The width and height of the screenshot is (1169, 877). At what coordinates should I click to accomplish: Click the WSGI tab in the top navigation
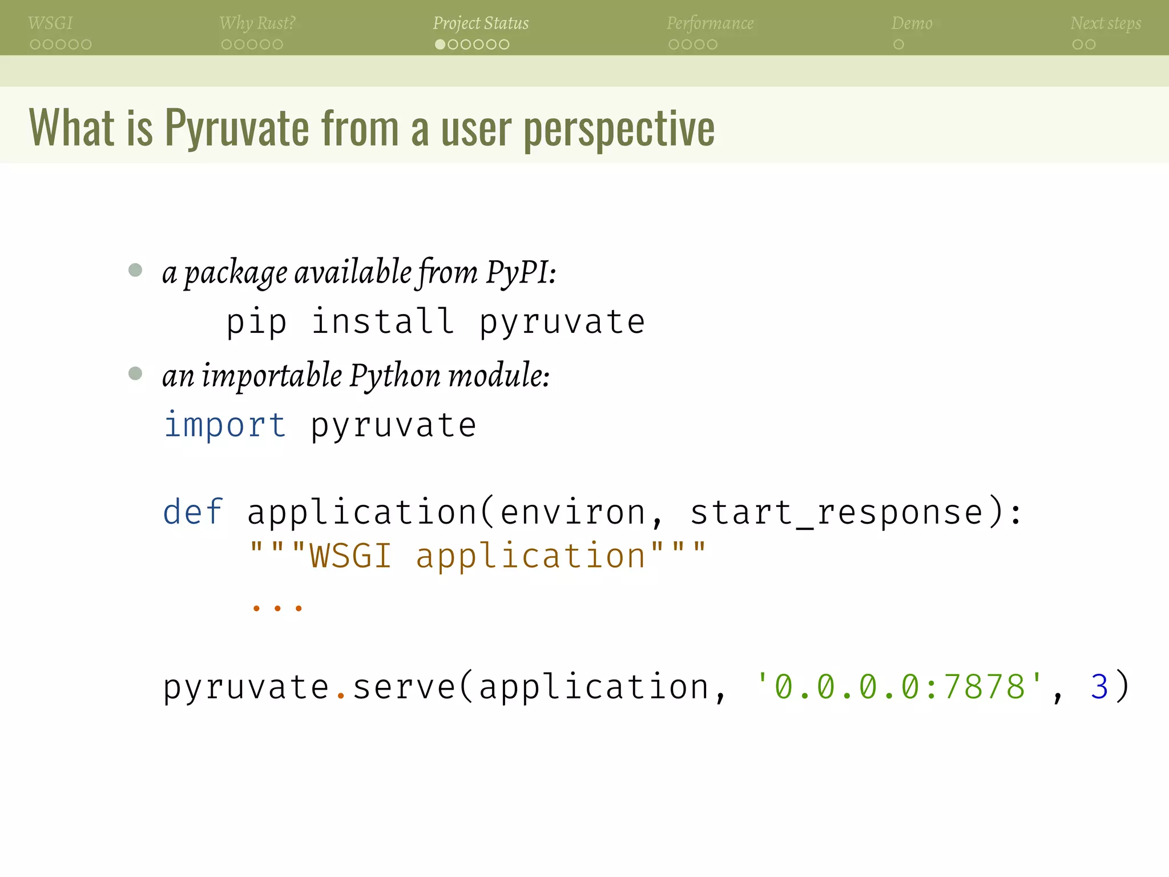50,23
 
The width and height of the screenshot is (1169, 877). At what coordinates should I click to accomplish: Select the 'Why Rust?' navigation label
257,23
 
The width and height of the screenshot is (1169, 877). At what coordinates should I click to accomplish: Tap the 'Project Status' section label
481,23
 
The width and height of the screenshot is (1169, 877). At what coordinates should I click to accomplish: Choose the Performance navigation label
710,23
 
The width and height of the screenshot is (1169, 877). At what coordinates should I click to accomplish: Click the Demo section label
912,23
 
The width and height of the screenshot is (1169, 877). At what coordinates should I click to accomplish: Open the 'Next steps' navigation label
1106,23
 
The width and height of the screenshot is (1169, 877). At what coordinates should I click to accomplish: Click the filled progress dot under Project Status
440,45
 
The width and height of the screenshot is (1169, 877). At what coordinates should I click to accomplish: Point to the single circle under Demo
898,45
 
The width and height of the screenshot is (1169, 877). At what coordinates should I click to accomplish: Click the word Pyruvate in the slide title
237,128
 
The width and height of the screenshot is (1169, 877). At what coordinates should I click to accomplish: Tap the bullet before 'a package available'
135,269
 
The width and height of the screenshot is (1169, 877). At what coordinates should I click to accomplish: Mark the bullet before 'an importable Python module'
135,373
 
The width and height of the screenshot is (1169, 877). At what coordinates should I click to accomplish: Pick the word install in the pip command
383,321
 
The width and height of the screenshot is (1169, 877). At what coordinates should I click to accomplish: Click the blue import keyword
225,425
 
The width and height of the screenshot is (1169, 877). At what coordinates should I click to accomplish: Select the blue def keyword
193,512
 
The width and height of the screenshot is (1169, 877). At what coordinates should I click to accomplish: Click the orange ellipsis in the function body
277,608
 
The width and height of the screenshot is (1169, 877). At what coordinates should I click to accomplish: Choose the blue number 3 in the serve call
1099,687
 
